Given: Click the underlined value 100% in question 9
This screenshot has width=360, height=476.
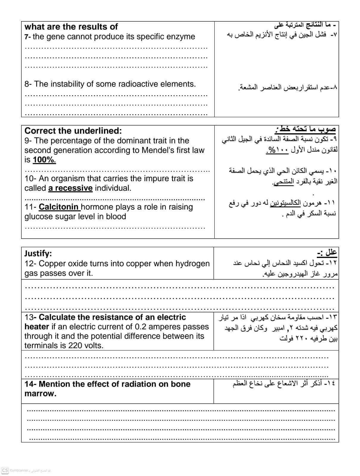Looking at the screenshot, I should click(x=44, y=160).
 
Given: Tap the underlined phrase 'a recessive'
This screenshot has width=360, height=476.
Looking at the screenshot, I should click(x=70, y=188).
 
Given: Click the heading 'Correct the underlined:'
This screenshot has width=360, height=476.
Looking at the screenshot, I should click(x=73, y=131).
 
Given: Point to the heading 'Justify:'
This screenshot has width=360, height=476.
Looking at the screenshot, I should click(x=38, y=253).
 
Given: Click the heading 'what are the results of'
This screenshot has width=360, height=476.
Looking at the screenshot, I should click(x=71, y=27).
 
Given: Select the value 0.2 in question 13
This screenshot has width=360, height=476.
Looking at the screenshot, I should click(x=140, y=327).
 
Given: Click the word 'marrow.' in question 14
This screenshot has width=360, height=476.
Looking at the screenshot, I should click(x=40, y=394).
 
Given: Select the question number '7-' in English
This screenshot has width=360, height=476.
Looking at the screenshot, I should click(x=28, y=37).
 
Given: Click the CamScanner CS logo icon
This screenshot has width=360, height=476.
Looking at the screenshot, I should click(x=5, y=470).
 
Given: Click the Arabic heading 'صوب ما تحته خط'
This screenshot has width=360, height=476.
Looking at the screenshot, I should click(x=307, y=129).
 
